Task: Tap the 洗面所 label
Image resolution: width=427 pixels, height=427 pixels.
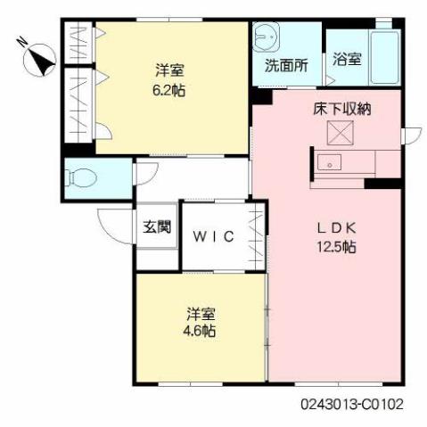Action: pyautogui.click(x=285, y=65)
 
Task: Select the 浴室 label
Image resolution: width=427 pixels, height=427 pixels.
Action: pyautogui.click(x=347, y=61)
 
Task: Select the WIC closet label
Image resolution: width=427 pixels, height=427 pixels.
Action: pyautogui.click(x=215, y=236)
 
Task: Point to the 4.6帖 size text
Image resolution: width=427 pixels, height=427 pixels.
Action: pyautogui.click(x=201, y=331)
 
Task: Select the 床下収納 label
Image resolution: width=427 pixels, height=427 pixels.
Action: pyautogui.click(x=341, y=111)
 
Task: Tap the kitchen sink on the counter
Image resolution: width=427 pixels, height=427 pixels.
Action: pyautogui.click(x=331, y=163)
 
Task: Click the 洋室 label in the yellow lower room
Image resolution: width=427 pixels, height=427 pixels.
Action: pyautogui.click(x=201, y=314)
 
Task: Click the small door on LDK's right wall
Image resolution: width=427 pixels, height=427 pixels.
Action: pyautogui.click(x=412, y=135)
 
